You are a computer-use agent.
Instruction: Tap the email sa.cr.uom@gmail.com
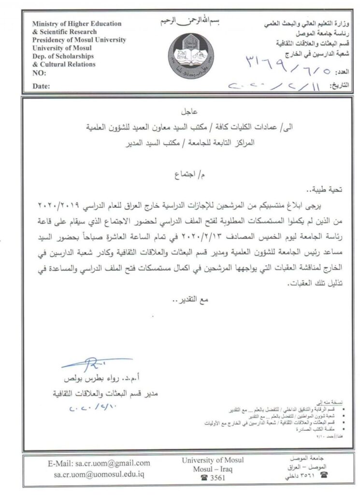tap(99, 463)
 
